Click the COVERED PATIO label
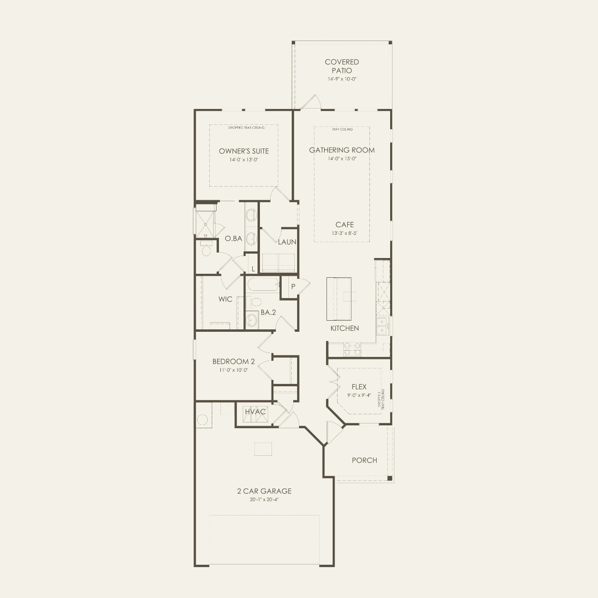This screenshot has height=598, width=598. [x=341, y=66]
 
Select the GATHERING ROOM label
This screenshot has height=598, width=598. [x=341, y=150]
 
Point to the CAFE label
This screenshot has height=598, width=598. [x=344, y=225]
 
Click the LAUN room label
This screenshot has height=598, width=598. [x=287, y=242]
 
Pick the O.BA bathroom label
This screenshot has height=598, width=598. [x=233, y=238]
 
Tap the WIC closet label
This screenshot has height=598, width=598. [x=225, y=299]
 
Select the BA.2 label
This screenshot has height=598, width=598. [x=268, y=313]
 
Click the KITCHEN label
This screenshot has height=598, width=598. [x=344, y=328]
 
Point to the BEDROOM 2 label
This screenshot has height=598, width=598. [x=233, y=362]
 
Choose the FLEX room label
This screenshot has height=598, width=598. [x=359, y=387]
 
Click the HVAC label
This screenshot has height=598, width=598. [x=255, y=412]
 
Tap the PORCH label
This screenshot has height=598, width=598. [x=364, y=460]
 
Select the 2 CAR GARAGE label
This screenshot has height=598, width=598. [x=264, y=491]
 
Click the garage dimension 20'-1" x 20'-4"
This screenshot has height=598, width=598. [x=264, y=500]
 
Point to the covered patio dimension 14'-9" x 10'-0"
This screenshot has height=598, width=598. [x=341, y=79]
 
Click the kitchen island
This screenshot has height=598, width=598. [x=339, y=299]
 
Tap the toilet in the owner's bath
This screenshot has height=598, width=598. [x=206, y=249]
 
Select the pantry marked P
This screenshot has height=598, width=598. [x=293, y=286]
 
